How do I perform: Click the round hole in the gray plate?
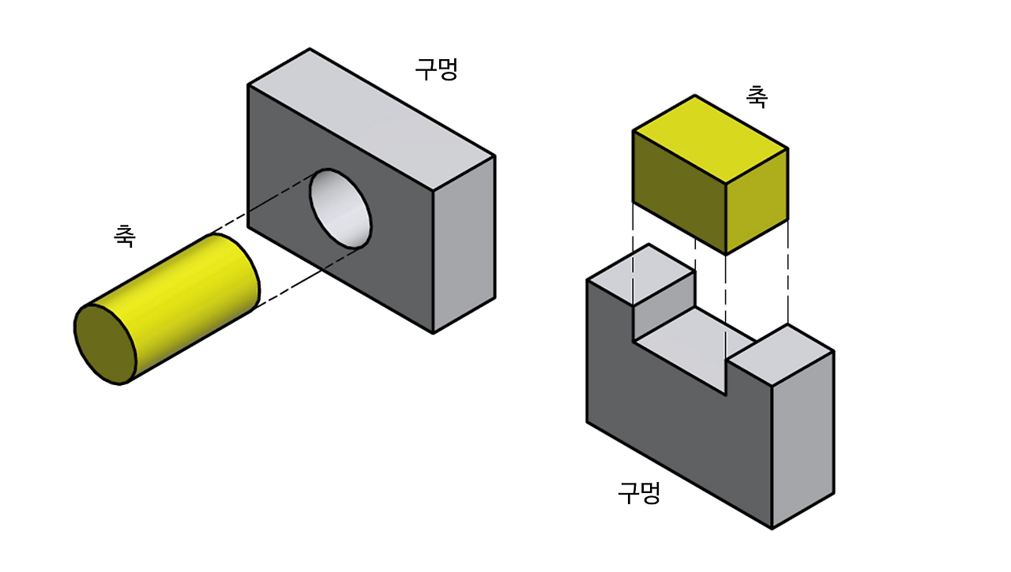click(x=340, y=208)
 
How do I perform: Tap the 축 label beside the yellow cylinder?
click(x=124, y=235)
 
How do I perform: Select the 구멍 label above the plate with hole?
click(x=436, y=69)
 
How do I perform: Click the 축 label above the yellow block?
click(x=756, y=96)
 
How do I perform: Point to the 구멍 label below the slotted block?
click(x=638, y=493)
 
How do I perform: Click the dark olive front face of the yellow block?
click(x=678, y=190)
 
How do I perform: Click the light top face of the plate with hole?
click(x=371, y=118)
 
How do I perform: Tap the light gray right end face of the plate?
click(x=464, y=245)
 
